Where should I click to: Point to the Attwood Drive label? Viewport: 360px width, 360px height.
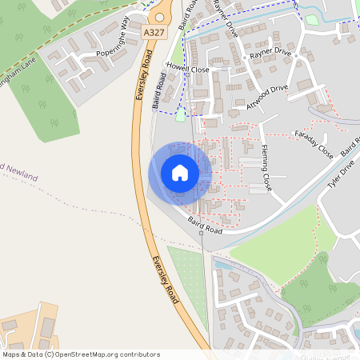[x=267, y=94]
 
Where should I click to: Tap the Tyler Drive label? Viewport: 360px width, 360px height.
[x=341, y=177]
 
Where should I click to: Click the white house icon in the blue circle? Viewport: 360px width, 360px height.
[x=180, y=173]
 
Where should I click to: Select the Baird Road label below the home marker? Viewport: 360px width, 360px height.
[x=205, y=225]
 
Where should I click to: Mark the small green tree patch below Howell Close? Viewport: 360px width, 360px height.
[x=180, y=115]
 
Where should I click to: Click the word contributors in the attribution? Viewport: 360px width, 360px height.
[x=139, y=354]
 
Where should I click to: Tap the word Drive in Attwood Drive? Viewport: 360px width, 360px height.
[x=277, y=90]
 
